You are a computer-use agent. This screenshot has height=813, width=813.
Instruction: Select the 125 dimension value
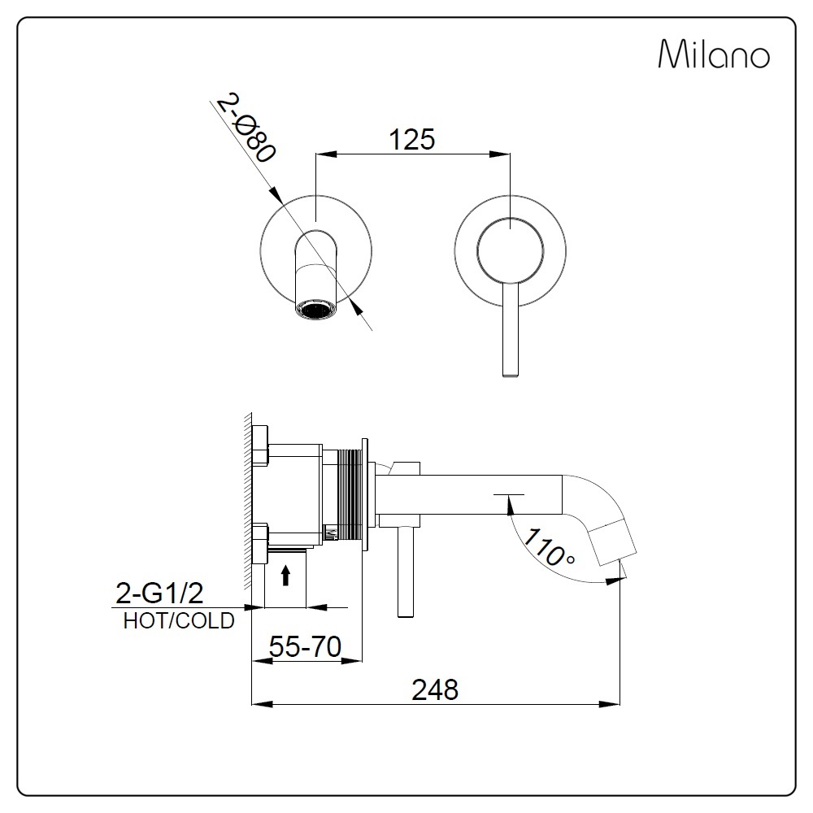click(x=411, y=139)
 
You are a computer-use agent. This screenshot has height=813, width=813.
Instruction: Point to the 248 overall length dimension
click(x=435, y=689)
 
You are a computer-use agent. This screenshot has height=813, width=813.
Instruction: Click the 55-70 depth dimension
click(x=304, y=647)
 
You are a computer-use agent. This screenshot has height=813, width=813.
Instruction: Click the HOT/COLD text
click(x=179, y=621)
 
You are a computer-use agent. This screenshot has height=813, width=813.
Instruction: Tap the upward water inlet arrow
click(x=285, y=576)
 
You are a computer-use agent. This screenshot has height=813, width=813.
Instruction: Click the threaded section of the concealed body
click(x=351, y=493)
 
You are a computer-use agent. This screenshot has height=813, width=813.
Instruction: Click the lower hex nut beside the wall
click(x=260, y=543)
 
